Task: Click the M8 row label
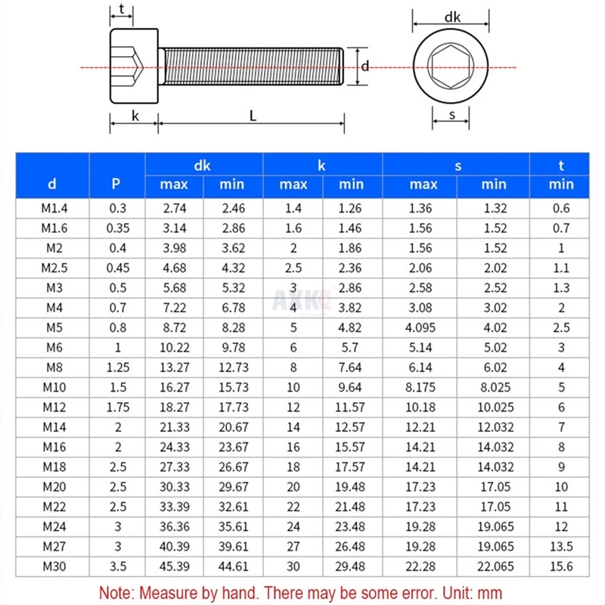[54, 368]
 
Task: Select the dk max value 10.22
[175, 348]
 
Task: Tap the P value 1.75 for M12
[118, 408]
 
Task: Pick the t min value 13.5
[561, 547]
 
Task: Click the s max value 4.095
[420, 328]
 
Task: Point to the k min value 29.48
[350, 566]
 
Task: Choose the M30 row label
[54, 566]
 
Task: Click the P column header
[116, 184]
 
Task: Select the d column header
[52, 184]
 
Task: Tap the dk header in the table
[202, 166]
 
